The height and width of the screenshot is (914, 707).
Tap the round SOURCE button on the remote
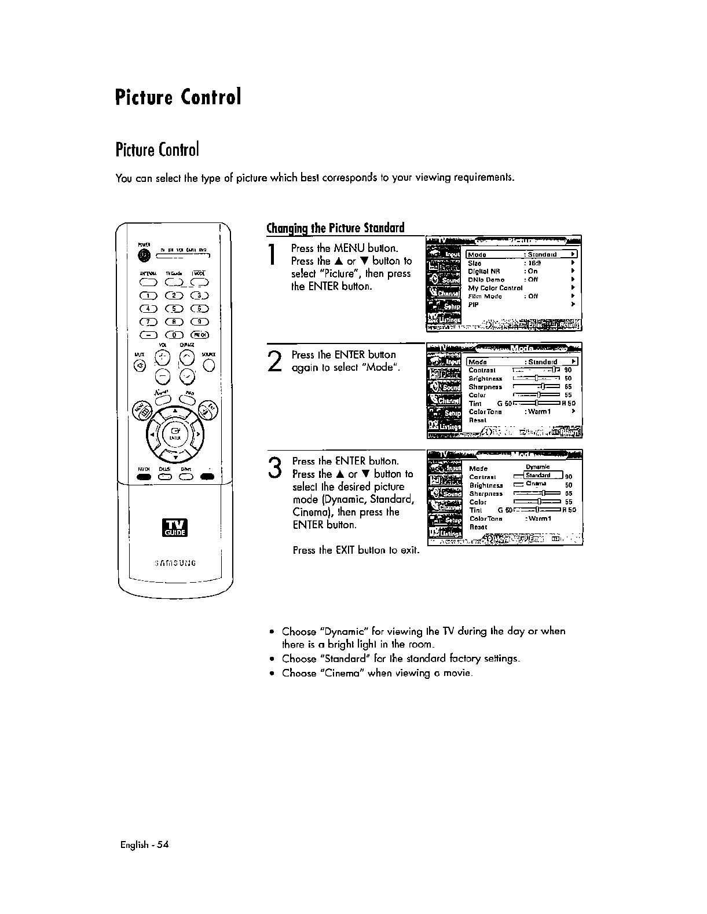pyautogui.click(x=210, y=365)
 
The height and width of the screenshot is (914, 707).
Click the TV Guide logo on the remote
pyautogui.click(x=175, y=528)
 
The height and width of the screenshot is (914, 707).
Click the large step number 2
pyautogui.click(x=276, y=361)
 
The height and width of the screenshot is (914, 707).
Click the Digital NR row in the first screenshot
pyautogui.click(x=484, y=270)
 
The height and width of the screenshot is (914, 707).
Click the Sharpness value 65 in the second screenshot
pyautogui.click(x=568, y=386)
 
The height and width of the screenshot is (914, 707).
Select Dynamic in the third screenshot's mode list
pyautogui.click(x=537, y=467)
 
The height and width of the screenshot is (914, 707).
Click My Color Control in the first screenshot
pyautogui.click(x=495, y=287)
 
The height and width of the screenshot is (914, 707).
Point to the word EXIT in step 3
pyautogui.click(x=346, y=550)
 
